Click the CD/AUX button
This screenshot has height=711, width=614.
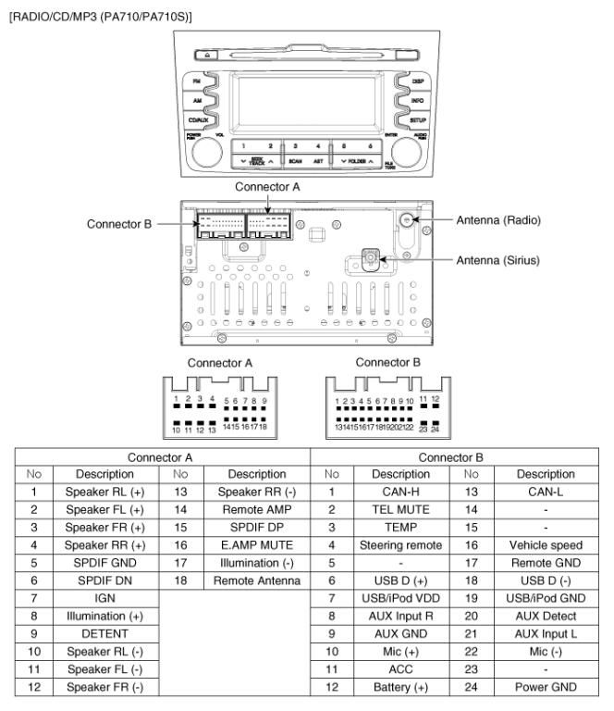(197, 119)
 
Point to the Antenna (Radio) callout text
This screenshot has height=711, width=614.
(498, 220)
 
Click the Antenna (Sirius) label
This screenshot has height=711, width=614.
(498, 260)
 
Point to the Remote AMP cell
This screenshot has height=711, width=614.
(261, 508)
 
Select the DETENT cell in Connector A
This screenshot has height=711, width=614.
(104, 634)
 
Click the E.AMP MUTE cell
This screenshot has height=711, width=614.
(261, 544)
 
